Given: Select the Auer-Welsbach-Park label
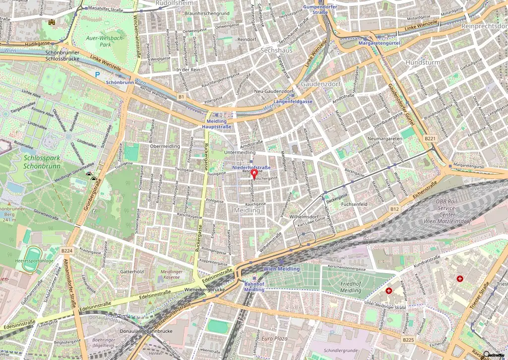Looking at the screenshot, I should point(101,40).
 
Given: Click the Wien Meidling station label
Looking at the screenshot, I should point(281,269).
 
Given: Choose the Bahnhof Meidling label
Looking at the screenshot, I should point(254,287).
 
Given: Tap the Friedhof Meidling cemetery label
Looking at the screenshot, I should point(351,287).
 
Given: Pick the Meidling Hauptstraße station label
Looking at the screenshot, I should point(216,124).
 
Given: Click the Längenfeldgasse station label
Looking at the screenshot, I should point(293,101).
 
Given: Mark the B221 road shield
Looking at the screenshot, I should point(430,139).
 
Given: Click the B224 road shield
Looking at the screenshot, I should point(67,251).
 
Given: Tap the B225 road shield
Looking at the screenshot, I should point(408,339).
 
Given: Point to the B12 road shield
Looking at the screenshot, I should point(394,209).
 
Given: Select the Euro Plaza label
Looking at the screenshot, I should point(275,338).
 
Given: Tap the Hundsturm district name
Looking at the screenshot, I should point(423,62).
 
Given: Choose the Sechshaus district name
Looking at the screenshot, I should point(276,51).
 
